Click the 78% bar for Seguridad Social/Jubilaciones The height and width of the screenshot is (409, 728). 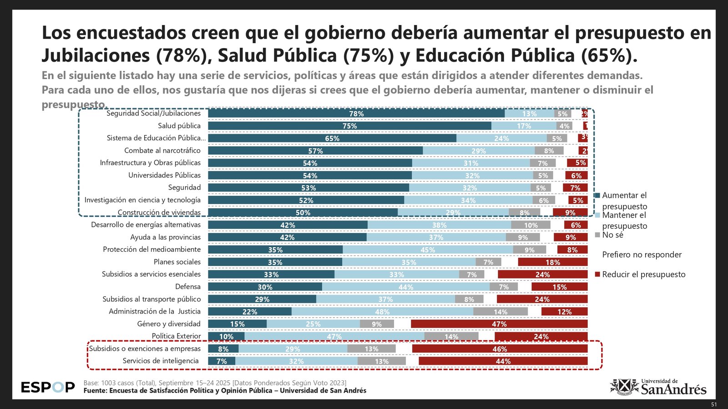[356, 114]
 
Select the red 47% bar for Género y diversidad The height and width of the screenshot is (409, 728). [499, 324]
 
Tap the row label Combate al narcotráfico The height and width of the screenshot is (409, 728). [162, 150]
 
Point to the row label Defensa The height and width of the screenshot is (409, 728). [188, 287]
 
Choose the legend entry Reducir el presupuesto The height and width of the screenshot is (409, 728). [643, 274]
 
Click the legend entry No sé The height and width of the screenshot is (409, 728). [612, 235]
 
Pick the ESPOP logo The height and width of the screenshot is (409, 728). [48, 387]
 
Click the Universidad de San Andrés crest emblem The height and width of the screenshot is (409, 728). [624, 387]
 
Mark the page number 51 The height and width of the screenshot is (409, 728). [713, 404]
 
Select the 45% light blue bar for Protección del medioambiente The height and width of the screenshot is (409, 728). [428, 249]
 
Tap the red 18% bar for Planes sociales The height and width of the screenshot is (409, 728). [553, 262]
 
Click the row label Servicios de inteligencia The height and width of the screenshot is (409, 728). [161, 361]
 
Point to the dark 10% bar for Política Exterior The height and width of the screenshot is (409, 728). [226, 336]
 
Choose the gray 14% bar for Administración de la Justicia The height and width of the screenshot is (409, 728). [500, 312]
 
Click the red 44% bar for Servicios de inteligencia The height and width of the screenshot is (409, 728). [503, 361]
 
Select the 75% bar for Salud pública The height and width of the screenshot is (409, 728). [349, 126]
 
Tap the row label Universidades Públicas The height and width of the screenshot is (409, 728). [164, 175]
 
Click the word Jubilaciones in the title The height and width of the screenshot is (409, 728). [96, 55]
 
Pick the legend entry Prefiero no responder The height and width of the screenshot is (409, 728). [642, 255]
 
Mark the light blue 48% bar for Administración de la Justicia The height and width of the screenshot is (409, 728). [382, 312]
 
